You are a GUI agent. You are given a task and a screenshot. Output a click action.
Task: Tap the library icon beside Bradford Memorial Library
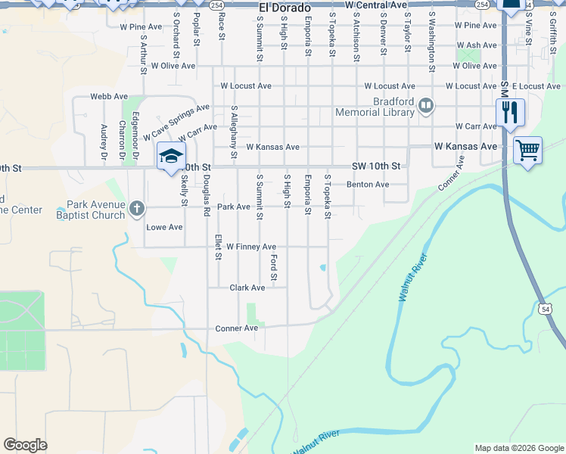click(x=426, y=106)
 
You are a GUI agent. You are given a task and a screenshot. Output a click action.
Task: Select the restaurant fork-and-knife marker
click(x=510, y=113)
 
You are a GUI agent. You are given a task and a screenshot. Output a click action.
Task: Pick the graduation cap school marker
click(x=170, y=156)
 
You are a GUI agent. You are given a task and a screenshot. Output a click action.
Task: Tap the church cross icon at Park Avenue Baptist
click(x=136, y=207)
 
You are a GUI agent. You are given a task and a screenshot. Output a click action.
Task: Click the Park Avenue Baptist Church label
click(x=95, y=210)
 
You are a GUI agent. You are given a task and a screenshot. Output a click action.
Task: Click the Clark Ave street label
click(x=247, y=288)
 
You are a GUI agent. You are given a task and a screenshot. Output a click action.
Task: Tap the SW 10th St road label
click(x=375, y=166)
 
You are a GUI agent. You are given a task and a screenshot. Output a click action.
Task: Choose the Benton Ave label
click(x=368, y=185)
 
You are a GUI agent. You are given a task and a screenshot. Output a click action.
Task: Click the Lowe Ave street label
click(x=164, y=227)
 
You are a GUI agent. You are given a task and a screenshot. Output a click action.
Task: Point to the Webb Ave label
click(x=109, y=97)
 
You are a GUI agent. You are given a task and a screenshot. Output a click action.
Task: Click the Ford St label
click(x=274, y=267)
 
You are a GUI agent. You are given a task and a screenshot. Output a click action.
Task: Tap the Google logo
click(x=25, y=445)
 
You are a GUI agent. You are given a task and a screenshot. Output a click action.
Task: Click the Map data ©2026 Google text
click(x=518, y=448)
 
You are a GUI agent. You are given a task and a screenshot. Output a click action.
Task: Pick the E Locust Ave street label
click(x=536, y=86)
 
